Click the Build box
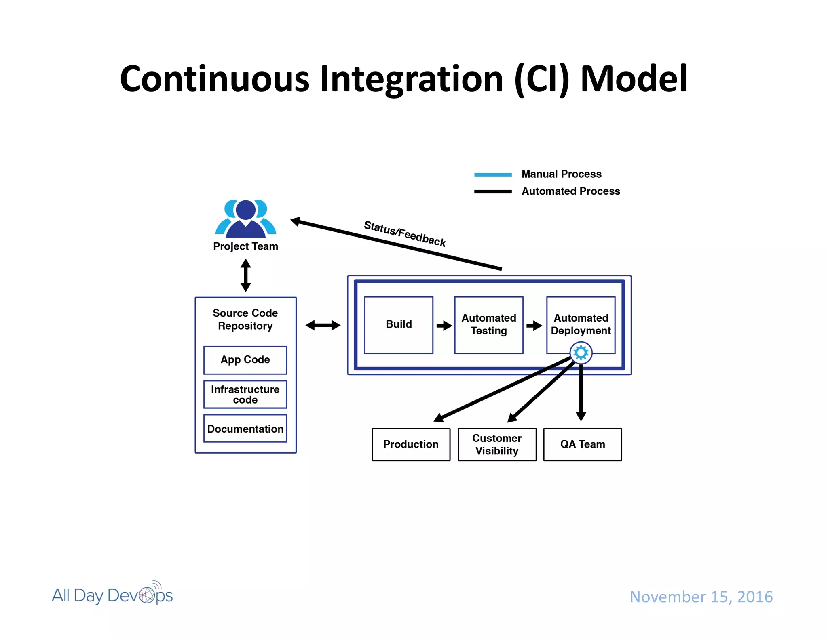(x=399, y=325)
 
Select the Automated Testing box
(x=488, y=325)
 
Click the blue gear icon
(x=581, y=353)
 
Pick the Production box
(x=411, y=444)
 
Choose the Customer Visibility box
(x=497, y=444)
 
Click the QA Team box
(x=582, y=444)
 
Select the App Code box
(x=245, y=360)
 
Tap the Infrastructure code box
(x=245, y=394)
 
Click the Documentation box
(x=245, y=429)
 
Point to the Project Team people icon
(x=245, y=219)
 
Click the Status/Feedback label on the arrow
(x=405, y=233)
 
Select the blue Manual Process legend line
(x=493, y=174)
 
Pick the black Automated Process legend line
(x=493, y=191)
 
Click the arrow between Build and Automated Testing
(x=444, y=326)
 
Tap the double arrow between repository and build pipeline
(x=323, y=325)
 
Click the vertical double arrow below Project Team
(x=245, y=275)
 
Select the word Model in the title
(x=634, y=79)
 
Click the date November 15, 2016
(x=701, y=597)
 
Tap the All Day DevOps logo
(x=112, y=595)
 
